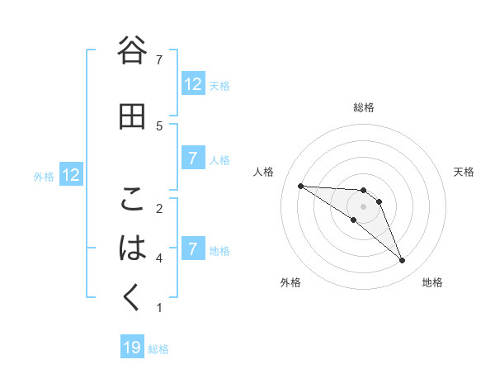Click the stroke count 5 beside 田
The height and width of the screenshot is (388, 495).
point(159,125)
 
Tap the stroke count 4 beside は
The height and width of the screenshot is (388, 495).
point(159,258)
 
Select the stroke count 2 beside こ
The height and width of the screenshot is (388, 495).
point(159,208)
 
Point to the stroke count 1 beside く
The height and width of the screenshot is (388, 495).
point(159,308)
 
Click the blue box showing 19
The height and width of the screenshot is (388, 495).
point(132,348)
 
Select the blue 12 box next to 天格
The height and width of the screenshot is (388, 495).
point(193,83)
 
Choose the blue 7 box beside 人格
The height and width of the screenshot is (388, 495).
point(193,159)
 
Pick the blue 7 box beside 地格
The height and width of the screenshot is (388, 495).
point(193,248)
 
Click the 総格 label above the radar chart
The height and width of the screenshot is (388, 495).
point(364,107)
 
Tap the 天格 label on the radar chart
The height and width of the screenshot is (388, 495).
point(464,172)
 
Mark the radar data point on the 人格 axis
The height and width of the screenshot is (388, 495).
point(301,186)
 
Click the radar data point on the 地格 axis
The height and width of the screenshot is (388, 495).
point(402,261)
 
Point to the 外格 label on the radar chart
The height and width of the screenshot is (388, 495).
point(290,283)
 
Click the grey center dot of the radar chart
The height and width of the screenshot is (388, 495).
point(363,206)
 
